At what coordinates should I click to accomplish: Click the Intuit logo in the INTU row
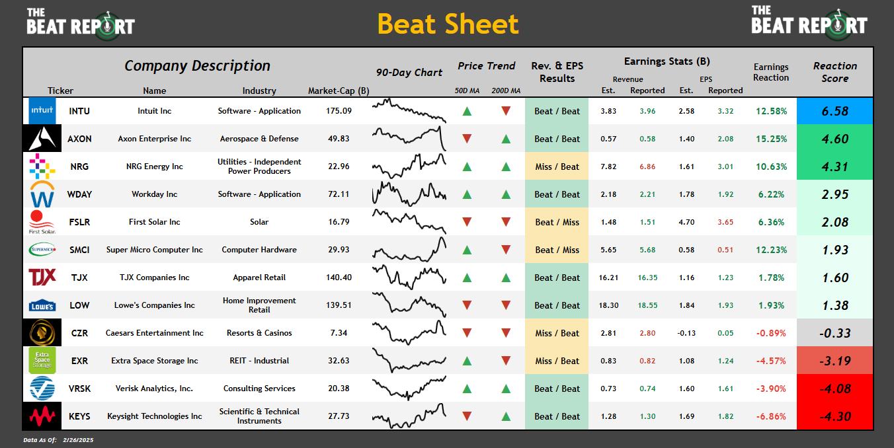click(42, 111)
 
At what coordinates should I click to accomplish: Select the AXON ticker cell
click(79, 139)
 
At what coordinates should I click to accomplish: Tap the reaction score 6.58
click(834, 111)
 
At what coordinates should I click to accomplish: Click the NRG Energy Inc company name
click(155, 167)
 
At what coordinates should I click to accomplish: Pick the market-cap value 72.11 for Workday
click(339, 194)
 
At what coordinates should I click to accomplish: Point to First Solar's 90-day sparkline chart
click(409, 222)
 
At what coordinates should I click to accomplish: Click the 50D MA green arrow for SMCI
click(467, 250)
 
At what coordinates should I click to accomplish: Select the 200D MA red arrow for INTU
click(506, 111)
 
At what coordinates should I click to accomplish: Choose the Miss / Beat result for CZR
click(557, 333)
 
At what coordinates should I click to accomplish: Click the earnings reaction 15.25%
click(771, 139)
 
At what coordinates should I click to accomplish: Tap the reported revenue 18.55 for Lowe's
click(647, 305)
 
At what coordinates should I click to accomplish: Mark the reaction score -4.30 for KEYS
click(834, 416)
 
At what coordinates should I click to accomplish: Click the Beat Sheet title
click(448, 24)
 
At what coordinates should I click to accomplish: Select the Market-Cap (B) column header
click(339, 91)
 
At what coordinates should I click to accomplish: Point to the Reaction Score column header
click(834, 72)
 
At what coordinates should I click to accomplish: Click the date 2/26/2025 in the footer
click(79, 439)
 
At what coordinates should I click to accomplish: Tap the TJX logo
click(42, 278)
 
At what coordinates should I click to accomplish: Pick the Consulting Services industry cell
click(259, 389)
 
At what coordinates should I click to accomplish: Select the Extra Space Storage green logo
click(42, 361)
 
